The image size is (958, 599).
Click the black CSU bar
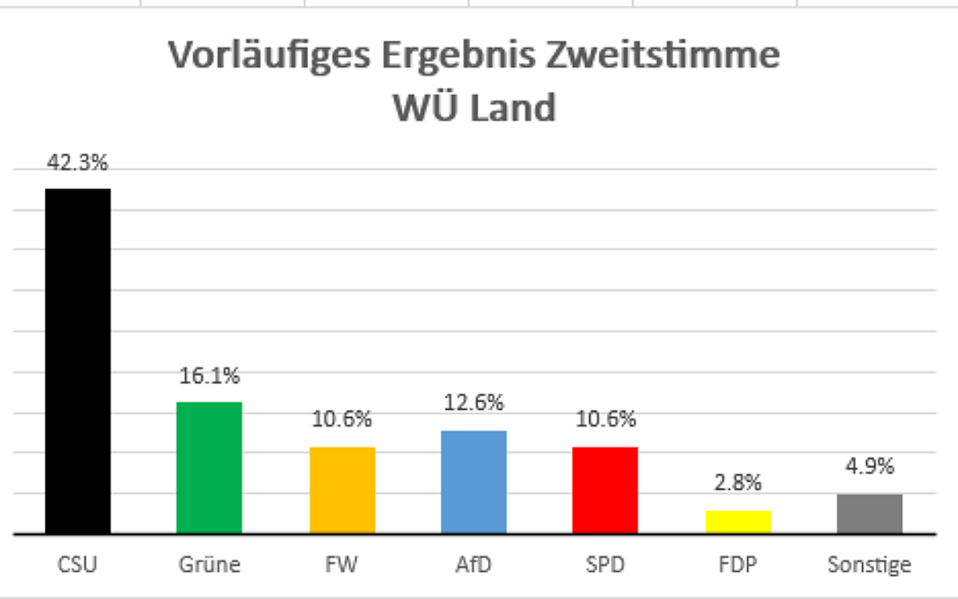[77, 361]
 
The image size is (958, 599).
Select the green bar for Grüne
[209, 467]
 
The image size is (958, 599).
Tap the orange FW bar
[342, 490]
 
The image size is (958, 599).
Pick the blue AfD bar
[474, 482]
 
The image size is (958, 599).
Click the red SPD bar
[605, 490]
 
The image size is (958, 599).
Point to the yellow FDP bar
[738, 522]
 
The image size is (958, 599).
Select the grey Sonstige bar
[869, 514]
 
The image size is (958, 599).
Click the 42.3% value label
[77, 163]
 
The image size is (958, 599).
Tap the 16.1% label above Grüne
[209, 375]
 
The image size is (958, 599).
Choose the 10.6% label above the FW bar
[342, 419]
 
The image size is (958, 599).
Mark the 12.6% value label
[474, 403]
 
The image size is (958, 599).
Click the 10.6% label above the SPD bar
[605, 419]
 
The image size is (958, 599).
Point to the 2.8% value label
[738, 482]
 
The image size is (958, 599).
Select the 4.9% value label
[869, 466]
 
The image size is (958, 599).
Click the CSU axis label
[77, 565]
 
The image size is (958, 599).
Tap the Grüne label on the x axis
[209, 565]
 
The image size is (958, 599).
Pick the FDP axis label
[738, 565]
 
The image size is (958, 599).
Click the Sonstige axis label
[869, 565]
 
